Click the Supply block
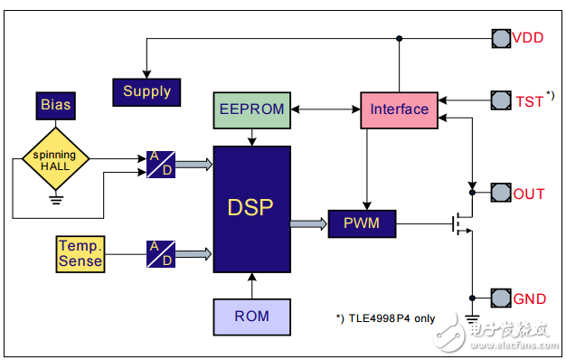click(x=146, y=91)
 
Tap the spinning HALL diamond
click(x=55, y=161)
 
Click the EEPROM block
click(x=251, y=109)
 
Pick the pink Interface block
click(x=399, y=109)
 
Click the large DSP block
click(x=251, y=209)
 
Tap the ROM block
click(x=251, y=317)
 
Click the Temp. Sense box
click(x=80, y=252)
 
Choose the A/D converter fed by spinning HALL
click(x=161, y=165)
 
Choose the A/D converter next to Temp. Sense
click(x=161, y=253)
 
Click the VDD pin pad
click(x=500, y=38)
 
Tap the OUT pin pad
click(x=500, y=193)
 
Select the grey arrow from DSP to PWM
click(x=309, y=223)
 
